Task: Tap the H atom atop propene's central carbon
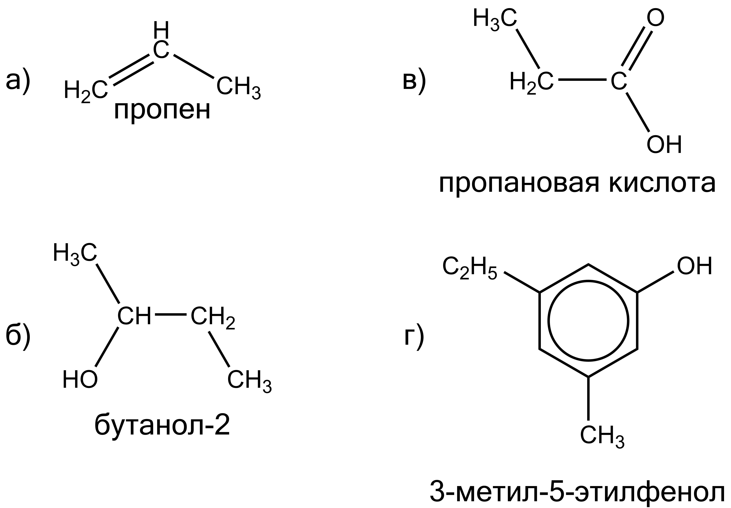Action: [x=161, y=30]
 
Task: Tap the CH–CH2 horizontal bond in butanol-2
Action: [x=170, y=314]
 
